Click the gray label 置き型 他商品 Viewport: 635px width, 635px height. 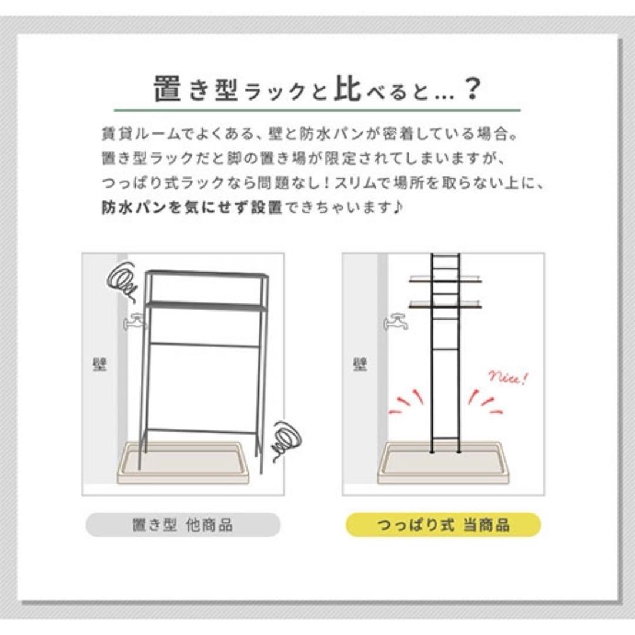click(183, 525)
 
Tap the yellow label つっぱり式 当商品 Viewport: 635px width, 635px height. click(443, 525)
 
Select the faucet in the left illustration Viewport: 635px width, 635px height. click(135, 322)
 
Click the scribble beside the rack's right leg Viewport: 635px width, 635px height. click(286, 440)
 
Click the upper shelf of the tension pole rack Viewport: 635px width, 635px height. click(445, 280)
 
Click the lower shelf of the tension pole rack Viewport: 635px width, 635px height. click(445, 305)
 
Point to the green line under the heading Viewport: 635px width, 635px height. click(317, 110)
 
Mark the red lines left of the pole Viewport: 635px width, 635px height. click(407, 402)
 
